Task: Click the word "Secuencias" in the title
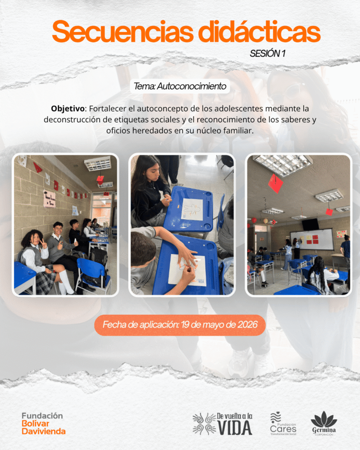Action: point(123,32)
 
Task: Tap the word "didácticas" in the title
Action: point(259,31)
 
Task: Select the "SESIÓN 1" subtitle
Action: point(267,53)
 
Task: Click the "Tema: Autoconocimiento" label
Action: point(180,86)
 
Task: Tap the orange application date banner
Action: point(180,325)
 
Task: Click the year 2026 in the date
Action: point(247,325)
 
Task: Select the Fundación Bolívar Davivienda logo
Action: point(44,424)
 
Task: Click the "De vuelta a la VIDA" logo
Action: point(222,424)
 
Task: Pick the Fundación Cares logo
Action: point(283,424)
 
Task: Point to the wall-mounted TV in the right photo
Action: point(310,224)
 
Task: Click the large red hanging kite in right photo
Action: point(275,183)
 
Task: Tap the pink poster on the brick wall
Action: point(49,199)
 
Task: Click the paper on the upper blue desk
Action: point(192,209)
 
